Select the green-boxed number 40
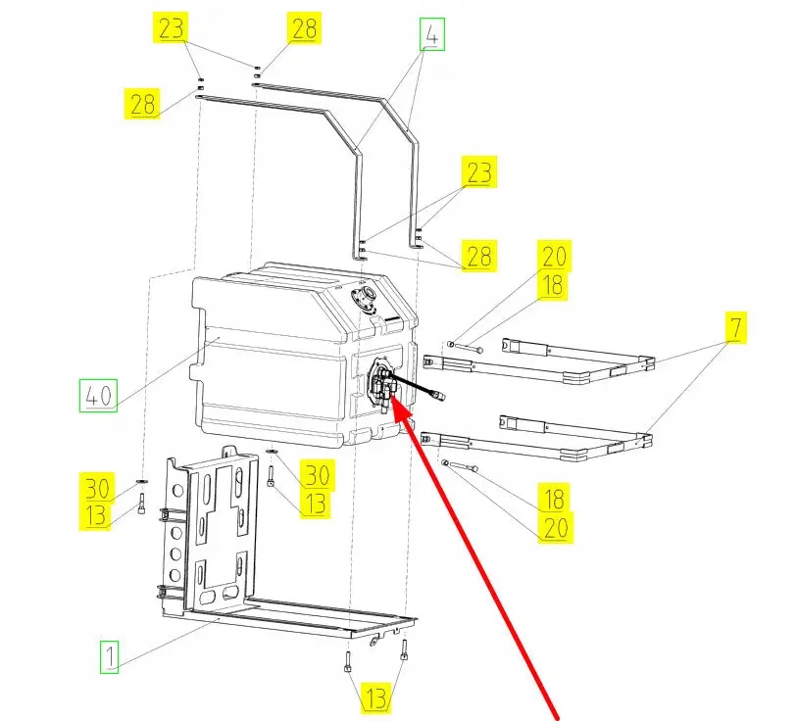coord(97,397)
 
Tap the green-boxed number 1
coord(110,655)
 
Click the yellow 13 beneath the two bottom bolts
coord(376,698)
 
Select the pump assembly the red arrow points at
coord(381,386)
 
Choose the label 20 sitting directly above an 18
coord(553,257)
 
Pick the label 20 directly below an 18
coord(553,528)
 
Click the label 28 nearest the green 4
coord(304,28)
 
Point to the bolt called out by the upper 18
coord(466,345)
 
